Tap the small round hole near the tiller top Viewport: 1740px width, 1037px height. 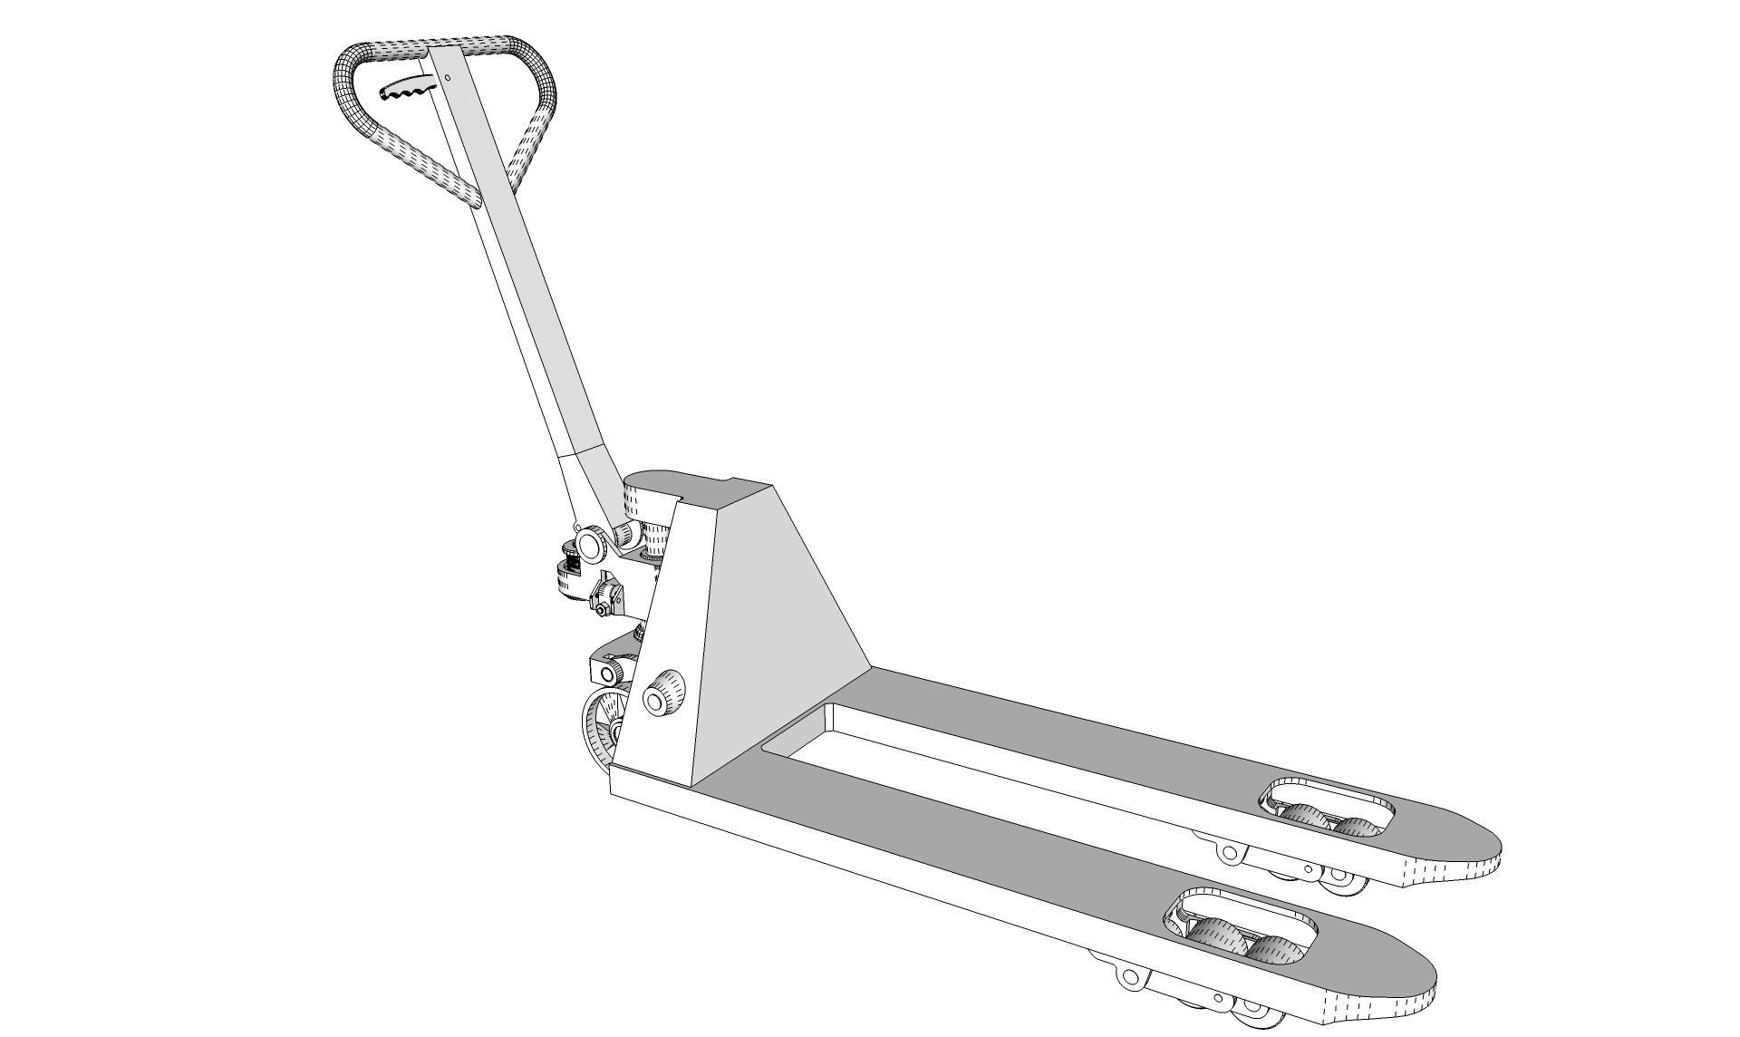point(448,78)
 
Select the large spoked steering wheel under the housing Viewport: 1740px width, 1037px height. point(604,725)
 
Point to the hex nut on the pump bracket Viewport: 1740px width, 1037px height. point(602,612)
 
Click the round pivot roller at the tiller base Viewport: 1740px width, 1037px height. point(590,544)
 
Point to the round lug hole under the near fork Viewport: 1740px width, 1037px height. point(1129,977)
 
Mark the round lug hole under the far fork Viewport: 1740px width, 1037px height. point(1228,852)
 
